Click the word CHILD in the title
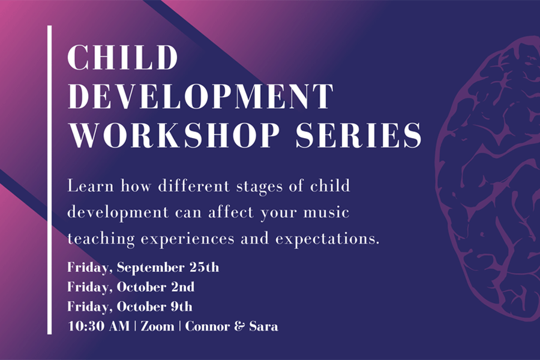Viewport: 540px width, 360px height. point(123,57)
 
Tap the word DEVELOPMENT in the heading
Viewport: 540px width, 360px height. point(201,96)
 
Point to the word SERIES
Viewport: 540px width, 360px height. point(359,135)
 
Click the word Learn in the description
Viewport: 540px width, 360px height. point(91,187)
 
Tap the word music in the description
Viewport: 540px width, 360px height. point(326,212)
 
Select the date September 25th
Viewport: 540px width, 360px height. point(168,268)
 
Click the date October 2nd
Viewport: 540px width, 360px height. point(155,287)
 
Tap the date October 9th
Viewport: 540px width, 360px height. point(155,307)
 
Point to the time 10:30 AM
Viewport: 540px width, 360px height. point(98,326)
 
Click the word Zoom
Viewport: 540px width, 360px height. point(157,326)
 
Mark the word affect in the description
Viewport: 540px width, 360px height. point(231,212)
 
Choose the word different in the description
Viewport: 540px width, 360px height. point(194,187)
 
